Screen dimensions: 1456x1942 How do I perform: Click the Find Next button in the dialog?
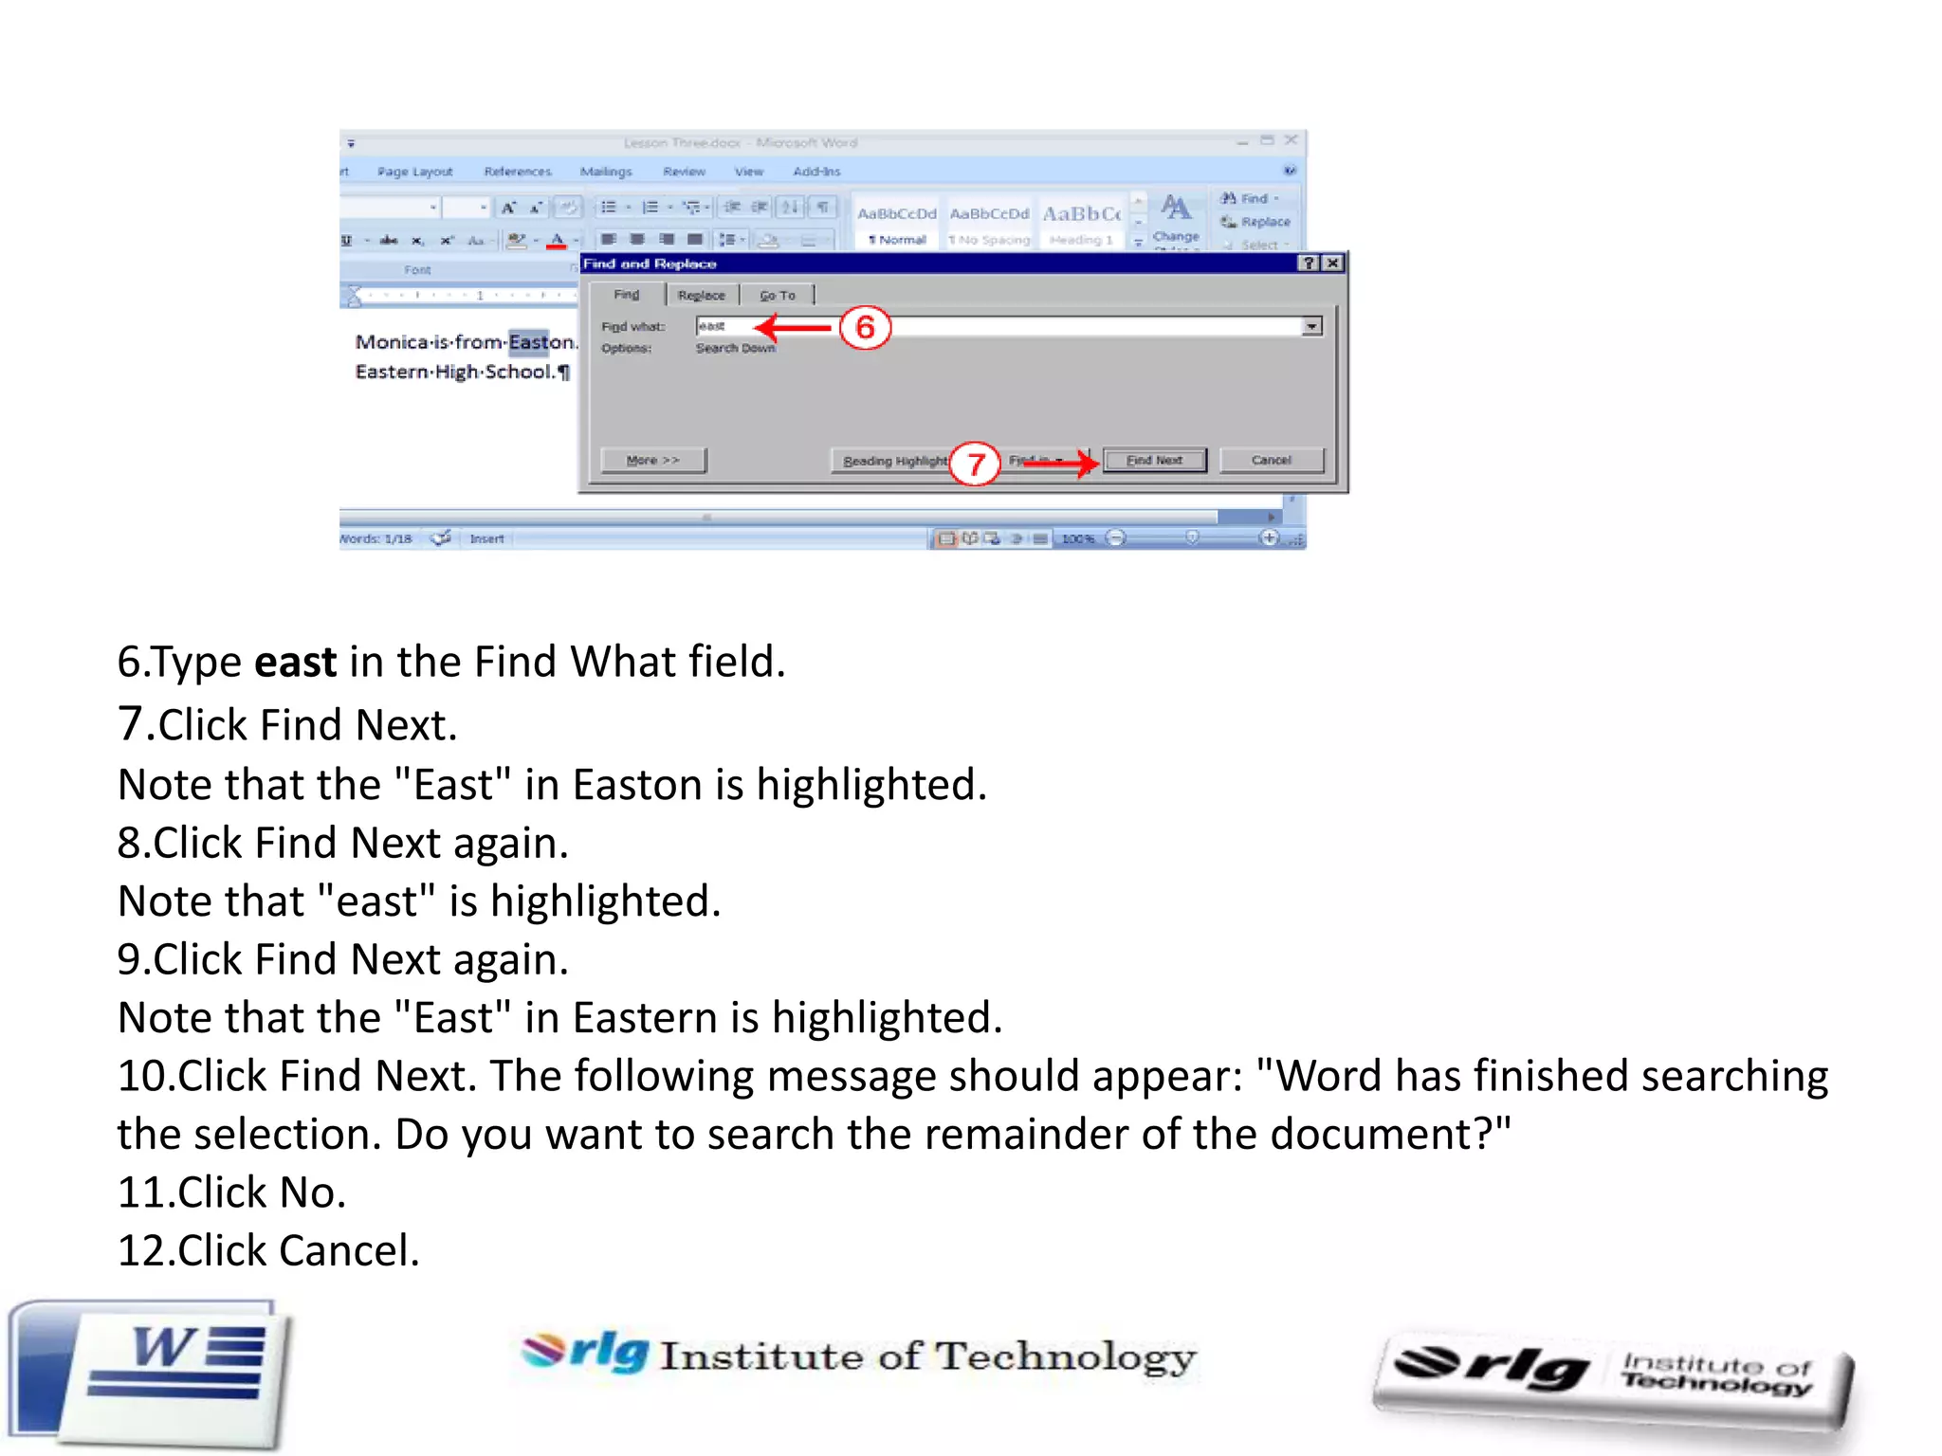click(x=1154, y=461)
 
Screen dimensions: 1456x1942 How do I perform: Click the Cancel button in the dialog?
click(x=1271, y=461)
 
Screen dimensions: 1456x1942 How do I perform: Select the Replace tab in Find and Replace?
click(x=701, y=296)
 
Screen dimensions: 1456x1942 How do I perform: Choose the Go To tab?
click(x=778, y=296)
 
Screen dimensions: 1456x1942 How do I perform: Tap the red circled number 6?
click(x=865, y=328)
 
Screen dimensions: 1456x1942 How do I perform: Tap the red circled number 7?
click(x=975, y=464)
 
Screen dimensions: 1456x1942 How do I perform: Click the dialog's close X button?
click(x=1332, y=264)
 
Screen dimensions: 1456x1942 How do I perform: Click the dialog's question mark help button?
click(x=1309, y=264)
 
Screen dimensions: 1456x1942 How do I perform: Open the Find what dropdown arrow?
click(x=1312, y=327)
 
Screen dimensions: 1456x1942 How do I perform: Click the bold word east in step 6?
click(x=295, y=662)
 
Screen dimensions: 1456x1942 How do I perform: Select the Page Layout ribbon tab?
click(x=414, y=172)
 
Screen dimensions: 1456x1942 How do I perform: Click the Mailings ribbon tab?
click(x=606, y=172)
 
